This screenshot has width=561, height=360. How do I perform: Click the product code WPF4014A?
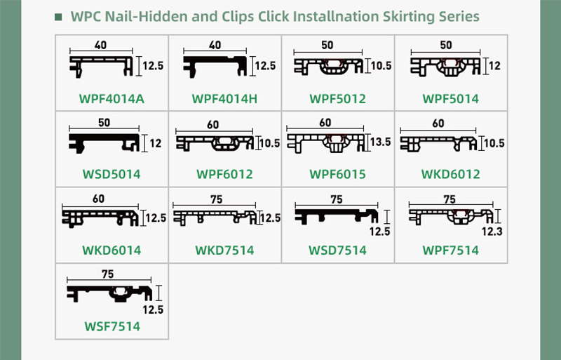click(x=111, y=99)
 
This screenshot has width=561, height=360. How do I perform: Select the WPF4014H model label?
click(x=224, y=99)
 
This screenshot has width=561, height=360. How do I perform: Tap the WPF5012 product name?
click(x=338, y=99)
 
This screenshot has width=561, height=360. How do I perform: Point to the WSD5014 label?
click(x=111, y=175)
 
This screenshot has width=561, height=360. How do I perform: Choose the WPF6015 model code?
click(x=338, y=175)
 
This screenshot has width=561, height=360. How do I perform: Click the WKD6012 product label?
click(x=451, y=175)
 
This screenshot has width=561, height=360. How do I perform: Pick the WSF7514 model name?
click(x=112, y=326)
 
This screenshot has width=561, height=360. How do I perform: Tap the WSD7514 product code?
click(x=338, y=250)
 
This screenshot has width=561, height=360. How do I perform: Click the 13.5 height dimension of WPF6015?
click(x=381, y=142)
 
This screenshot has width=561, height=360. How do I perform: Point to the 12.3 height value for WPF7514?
click(x=492, y=232)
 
